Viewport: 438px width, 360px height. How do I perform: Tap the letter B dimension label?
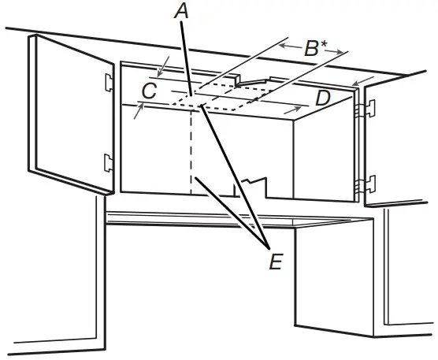(310, 49)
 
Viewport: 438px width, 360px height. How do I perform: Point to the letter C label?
(147, 92)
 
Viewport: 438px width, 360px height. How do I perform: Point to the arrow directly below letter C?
(139, 111)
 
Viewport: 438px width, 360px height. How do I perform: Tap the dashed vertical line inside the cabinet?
(191, 150)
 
